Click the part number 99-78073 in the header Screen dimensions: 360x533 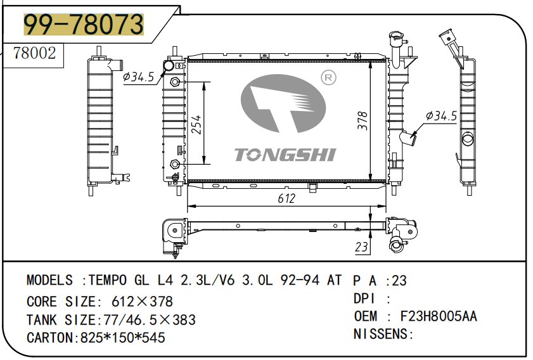tap(83, 25)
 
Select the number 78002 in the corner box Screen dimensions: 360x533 tap(34, 53)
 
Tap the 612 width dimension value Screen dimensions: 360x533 tap(286, 198)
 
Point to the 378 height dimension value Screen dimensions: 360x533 tap(363, 121)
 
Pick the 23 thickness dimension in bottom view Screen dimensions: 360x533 tap(361, 247)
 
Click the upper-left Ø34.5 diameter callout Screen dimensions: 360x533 tap(138, 77)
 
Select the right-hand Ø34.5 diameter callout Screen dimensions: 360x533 tap(441, 116)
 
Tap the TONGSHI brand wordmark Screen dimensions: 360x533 tap(285, 155)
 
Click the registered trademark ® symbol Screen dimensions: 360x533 tap(328, 78)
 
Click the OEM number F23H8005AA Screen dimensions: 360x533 tap(438, 316)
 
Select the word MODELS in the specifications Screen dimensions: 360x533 tap(49, 280)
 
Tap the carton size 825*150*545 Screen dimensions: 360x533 tap(122, 338)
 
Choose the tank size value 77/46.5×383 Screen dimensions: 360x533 tap(148, 319)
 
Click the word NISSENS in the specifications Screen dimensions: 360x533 tap(380, 334)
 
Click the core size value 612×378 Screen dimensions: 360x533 tap(142, 301)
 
